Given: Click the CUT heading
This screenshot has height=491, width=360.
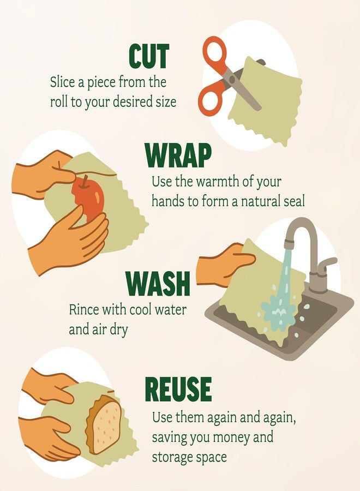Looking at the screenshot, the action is coord(149,56).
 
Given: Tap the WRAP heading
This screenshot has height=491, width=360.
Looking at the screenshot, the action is coord(178,155).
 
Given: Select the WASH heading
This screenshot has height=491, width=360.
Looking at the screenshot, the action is coord(158,283).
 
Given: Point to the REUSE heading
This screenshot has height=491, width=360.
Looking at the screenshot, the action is coord(178,389).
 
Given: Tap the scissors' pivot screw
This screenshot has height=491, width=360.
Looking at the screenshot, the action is coord(232,79).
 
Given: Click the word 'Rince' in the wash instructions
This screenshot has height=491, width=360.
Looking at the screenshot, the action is coord(83,310).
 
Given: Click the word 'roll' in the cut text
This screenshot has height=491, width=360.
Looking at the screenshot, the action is coord(59,102).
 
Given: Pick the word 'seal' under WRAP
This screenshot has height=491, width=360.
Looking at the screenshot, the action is coord(294,201).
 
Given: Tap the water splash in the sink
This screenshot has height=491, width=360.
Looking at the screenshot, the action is coord(277,312).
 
